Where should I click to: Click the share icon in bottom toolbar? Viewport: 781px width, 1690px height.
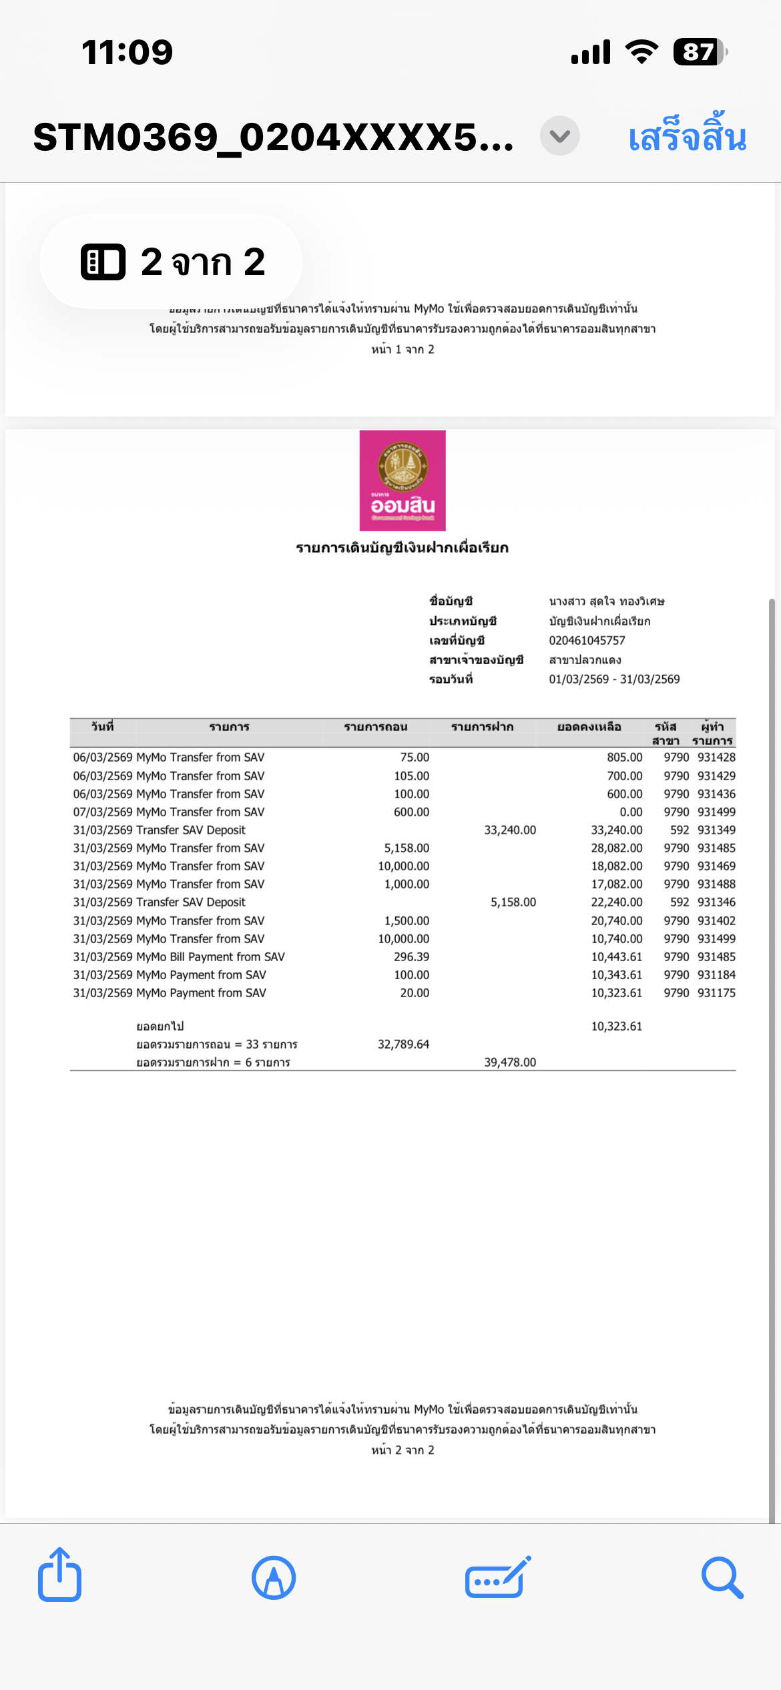coord(59,1577)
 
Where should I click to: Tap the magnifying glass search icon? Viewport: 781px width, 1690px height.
coord(722,1578)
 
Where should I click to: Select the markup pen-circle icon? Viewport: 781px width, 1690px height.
coord(274,1578)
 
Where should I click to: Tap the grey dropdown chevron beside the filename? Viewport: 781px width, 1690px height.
coord(559,136)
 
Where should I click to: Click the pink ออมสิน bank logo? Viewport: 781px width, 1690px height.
coord(403,481)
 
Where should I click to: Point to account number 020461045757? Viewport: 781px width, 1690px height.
coord(587,641)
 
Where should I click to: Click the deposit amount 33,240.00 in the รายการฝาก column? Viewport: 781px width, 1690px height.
coord(510,830)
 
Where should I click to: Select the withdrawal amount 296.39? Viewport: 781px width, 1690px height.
coord(411,957)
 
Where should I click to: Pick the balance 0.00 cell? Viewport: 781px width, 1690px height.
coord(631,812)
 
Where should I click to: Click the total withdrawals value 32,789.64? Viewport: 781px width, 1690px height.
coord(403,1045)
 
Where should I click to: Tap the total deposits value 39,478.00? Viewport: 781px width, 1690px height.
coord(510,1063)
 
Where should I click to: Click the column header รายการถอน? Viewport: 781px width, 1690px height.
coord(375,727)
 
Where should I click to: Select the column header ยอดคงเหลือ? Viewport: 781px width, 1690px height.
coord(589,727)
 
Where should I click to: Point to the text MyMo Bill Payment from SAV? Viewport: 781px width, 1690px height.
coord(210,957)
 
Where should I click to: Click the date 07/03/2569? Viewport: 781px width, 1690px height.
coord(103,812)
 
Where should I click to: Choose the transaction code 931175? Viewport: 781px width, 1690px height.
coord(716,993)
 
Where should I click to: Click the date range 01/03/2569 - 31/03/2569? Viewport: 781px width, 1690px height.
coord(614,679)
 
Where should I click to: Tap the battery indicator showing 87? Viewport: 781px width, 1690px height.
coord(699,52)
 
